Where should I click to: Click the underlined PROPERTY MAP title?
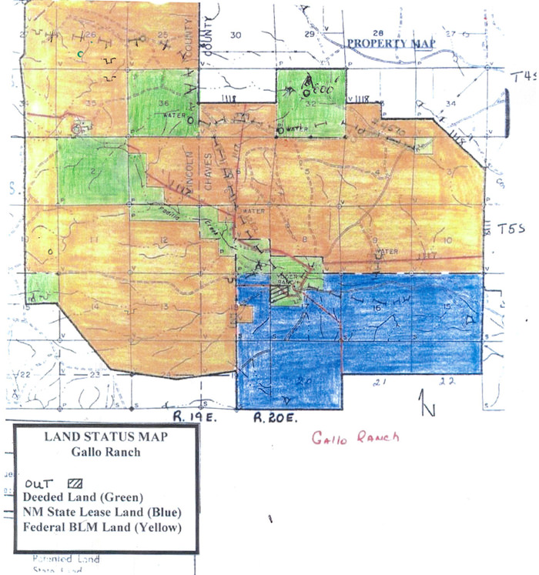pyautogui.click(x=390, y=43)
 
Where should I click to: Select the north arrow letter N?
pyautogui.click(x=424, y=401)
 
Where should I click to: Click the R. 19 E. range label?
pyautogui.click(x=190, y=417)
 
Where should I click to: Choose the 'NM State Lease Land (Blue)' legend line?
pyautogui.click(x=91, y=512)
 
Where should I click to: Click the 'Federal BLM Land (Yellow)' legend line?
pyautogui.click(x=96, y=527)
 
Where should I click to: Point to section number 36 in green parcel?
pyautogui.click(x=162, y=105)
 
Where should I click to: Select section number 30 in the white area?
pyautogui.click(x=236, y=35)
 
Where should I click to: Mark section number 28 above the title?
pyautogui.click(x=377, y=32)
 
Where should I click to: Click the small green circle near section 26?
pyautogui.click(x=80, y=53)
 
